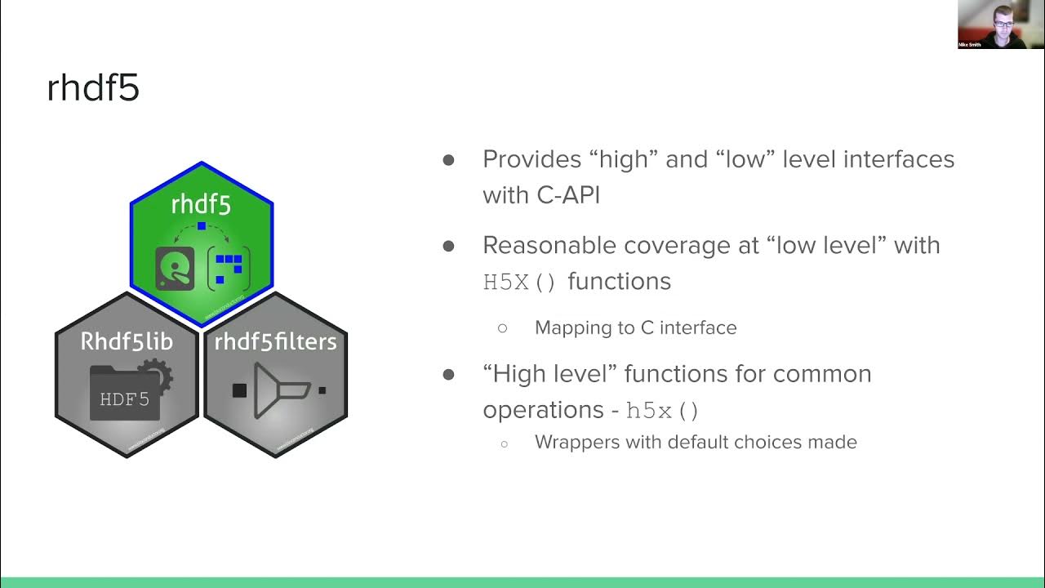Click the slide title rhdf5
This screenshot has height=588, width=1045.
[93, 87]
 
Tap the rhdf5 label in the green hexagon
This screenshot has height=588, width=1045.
[201, 204]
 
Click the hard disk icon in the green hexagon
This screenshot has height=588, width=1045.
[175, 269]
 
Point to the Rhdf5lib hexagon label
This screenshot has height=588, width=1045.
[127, 341]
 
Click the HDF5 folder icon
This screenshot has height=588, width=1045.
[125, 394]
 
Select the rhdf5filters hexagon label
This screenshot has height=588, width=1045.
[275, 341]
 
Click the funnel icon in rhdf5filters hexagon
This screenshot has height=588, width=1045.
[281, 391]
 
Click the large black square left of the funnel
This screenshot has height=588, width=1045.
[239, 390]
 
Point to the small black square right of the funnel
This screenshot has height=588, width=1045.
[322, 390]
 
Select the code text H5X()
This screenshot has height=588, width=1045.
[520, 283]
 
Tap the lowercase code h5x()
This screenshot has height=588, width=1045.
[662, 411]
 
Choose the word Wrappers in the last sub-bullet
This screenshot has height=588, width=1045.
[574, 442]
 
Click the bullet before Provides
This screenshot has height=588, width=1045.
[448, 159]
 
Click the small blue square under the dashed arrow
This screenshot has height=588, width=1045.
[202, 225]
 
